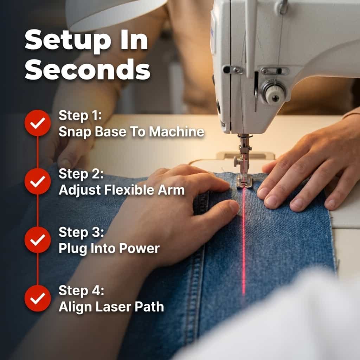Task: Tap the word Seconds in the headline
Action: coord(88,70)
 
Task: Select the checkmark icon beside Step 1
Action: coord(38,123)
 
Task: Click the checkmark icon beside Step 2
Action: coord(38,181)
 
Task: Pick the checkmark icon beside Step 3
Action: coord(38,240)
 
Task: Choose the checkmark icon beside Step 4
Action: coord(38,298)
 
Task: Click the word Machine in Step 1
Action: coord(176,132)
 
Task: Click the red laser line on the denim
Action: coord(244,241)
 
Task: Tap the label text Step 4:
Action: coord(82,291)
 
